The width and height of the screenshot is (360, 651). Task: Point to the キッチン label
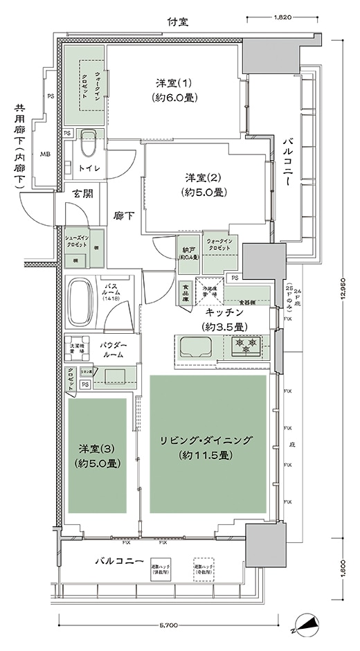(x=222, y=319)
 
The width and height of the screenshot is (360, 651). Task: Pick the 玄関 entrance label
(x=82, y=194)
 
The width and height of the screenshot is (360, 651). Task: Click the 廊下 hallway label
(x=123, y=215)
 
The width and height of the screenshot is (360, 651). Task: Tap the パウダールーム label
(x=111, y=349)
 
